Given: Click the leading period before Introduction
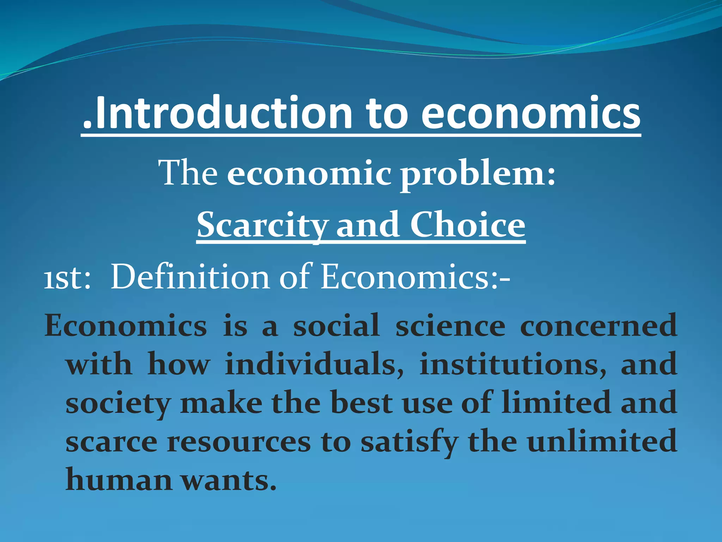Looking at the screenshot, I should tap(87, 125).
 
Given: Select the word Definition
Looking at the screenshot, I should tap(190, 277).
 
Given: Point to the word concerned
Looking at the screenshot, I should tap(598, 326).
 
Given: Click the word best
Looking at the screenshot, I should tap(362, 403).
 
